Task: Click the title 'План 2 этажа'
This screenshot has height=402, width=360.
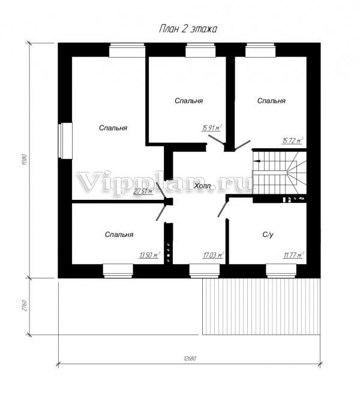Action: coord(188,29)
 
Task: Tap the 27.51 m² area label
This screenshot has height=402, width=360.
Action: coord(143,191)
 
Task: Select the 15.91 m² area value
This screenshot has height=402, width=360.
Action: coord(212,128)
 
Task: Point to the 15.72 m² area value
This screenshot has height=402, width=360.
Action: coord(293,140)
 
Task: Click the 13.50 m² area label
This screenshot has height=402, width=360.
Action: coord(149,255)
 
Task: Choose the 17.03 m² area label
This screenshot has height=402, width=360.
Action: coord(213,255)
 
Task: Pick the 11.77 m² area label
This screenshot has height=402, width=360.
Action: coord(293,255)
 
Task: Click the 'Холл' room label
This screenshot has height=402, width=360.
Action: coord(202,186)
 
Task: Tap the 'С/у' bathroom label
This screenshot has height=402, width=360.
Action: coord(268,235)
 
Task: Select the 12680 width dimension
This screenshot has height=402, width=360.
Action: coord(190,358)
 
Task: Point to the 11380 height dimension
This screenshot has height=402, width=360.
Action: coord(25,160)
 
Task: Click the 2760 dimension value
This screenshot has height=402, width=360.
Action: coord(25,305)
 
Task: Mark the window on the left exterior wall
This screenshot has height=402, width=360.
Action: coord(65,140)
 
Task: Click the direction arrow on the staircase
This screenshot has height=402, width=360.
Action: coord(257,161)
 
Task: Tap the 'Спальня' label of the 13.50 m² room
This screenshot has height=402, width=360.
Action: coord(119,235)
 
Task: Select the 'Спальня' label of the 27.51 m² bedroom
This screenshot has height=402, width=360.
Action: coord(113,128)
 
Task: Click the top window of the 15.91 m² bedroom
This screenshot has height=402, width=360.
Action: coord(200,50)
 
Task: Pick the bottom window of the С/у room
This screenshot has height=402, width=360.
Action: coord(281,271)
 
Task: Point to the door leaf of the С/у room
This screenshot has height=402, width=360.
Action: coord(223,209)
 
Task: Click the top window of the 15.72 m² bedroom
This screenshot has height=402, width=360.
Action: coord(260,50)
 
